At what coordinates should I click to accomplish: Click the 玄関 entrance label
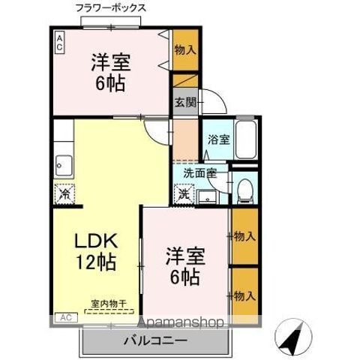point(184,103)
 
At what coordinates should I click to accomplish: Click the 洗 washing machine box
point(184,193)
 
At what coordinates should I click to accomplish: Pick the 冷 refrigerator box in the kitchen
point(65,193)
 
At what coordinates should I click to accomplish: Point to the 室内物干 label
point(109,304)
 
